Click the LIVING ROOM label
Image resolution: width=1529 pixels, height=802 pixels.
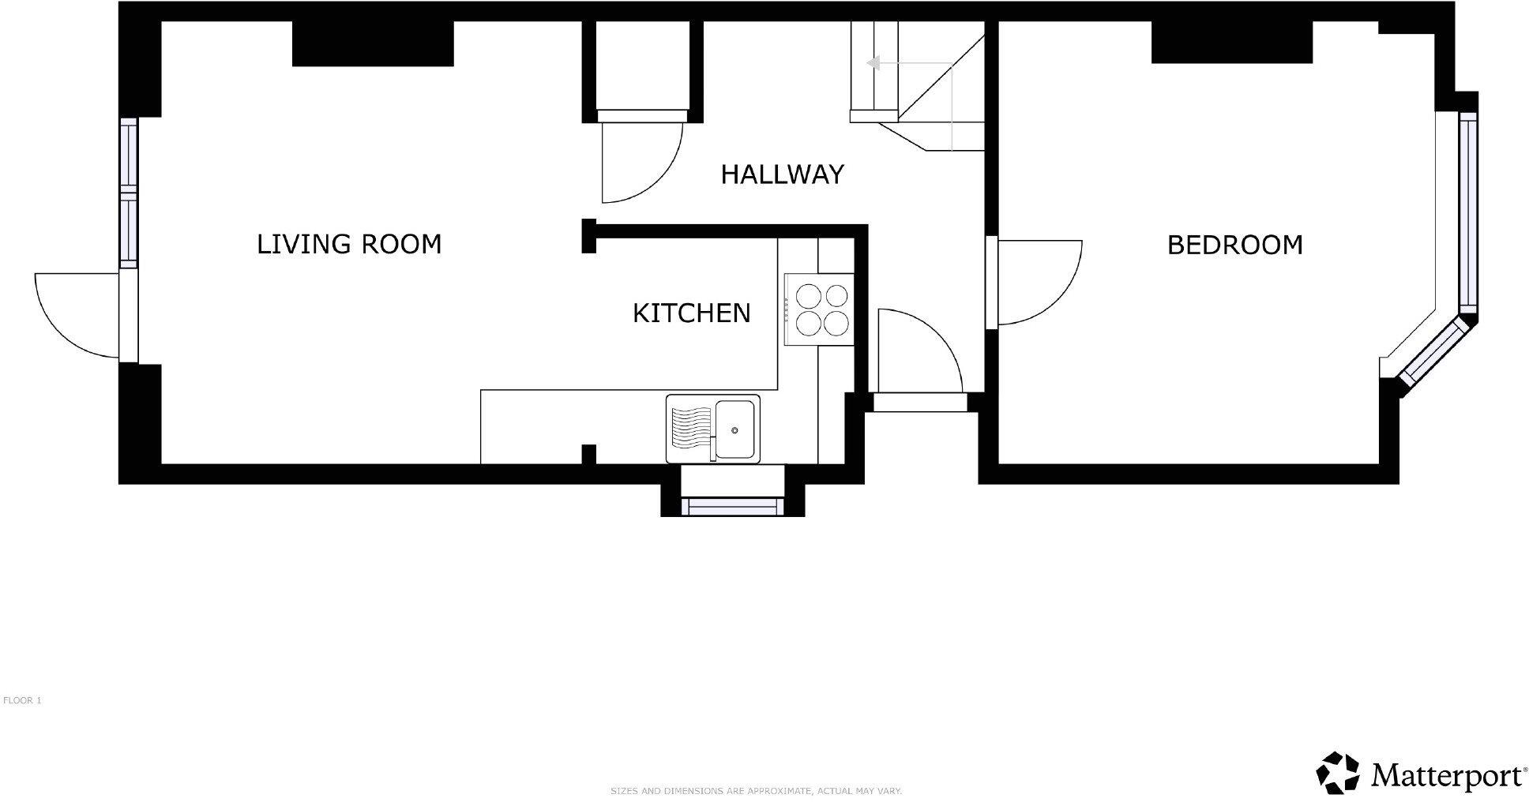pyautogui.click(x=349, y=244)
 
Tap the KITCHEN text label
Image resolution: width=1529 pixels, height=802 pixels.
pyautogui.click(x=691, y=313)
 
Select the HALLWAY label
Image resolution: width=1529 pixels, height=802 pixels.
pyautogui.click(x=782, y=174)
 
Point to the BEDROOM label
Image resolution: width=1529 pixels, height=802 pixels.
pyautogui.click(x=1234, y=245)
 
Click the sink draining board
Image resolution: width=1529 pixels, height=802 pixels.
pyautogui.click(x=690, y=429)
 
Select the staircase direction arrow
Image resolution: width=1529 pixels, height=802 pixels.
pyautogui.click(x=872, y=63)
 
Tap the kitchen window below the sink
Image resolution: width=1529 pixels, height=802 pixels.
pyautogui.click(x=732, y=507)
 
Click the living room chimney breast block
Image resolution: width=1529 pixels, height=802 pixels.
pyautogui.click(x=373, y=43)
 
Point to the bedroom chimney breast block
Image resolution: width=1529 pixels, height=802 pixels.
pyautogui.click(x=1232, y=42)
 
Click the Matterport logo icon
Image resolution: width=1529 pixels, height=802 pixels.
pyautogui.click(x=1337, y=773)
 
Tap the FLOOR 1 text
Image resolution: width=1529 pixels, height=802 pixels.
pyautogui.click(x=22, y=700)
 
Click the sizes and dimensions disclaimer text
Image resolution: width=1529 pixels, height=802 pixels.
pyautogui.click(x=756, y=791)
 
